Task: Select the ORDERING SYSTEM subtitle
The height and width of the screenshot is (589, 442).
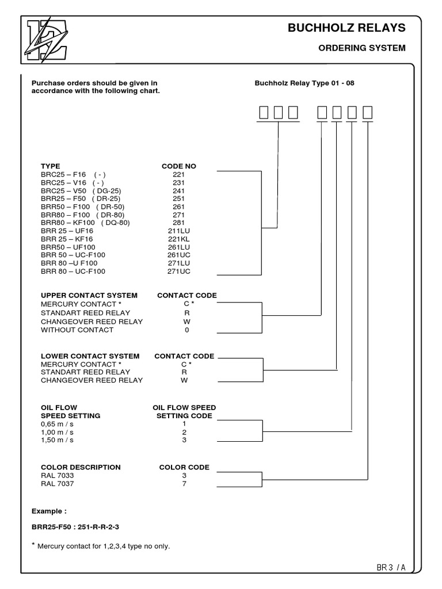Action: pyautogui.click(x=362, y=48)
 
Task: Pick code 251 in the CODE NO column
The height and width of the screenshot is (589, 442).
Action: pyautogui.click(x=178, y=198)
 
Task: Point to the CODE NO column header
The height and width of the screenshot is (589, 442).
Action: pyautogui.click(x=178, y=166)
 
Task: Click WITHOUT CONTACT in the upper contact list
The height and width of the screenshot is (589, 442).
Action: pyautogui.click(x=77, y=330)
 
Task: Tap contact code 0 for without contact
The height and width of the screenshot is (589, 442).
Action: pyautogui.click(x=186, y=330)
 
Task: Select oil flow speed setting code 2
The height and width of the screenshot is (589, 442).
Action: pyautogui.click(x=184, y=431)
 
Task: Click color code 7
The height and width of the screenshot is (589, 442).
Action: pyautogui.click(x=184, y=484)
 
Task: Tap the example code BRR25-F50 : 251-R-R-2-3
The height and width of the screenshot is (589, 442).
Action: pyautogui.click(x=79, y=526)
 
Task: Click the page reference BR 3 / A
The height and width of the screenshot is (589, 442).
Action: pyautogui.click(x=391, y=567)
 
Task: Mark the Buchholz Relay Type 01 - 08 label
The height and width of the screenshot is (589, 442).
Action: pyautogui.click(x=304, y=83)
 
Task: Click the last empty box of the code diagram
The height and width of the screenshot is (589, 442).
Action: pyautogui.click(x=367, y=113)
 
